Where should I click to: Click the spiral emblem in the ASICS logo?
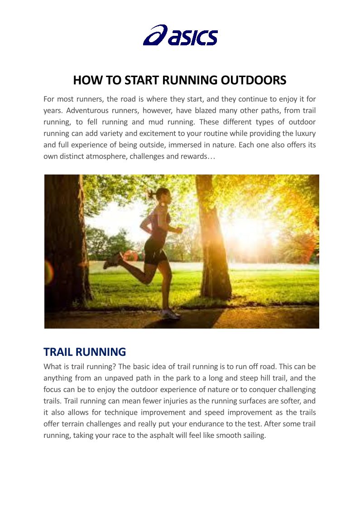coord(155,35)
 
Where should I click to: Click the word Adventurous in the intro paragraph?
coord(91,110)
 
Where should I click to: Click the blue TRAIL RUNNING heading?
coord(85,352)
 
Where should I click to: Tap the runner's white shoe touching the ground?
coord(169,314)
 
